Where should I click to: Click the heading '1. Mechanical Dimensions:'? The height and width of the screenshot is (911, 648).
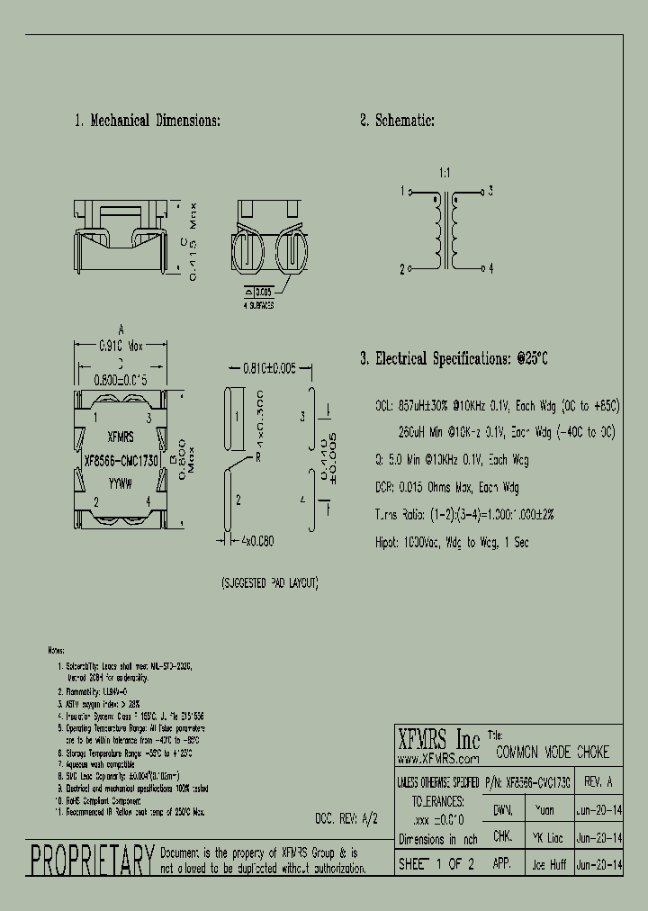(147, 122)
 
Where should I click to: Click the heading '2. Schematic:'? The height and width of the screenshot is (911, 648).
(397, 122)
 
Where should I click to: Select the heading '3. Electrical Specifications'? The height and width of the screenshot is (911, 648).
(454, 359)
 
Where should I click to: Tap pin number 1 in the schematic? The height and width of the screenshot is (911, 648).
(401, 192)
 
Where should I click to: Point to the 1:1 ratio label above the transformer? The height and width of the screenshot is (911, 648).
(445, 171)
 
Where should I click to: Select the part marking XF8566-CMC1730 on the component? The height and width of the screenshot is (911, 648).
(121, 458)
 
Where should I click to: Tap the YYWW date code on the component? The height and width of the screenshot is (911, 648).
(120, 483)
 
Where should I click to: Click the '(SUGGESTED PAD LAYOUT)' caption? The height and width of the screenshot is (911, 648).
(269, 583)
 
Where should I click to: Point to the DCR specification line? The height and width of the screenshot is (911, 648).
(446, 487)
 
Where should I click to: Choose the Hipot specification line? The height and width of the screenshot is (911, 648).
(452, 542)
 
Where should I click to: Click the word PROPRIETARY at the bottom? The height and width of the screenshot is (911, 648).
(93, 861)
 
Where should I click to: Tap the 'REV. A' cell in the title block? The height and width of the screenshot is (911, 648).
(598, 780)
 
